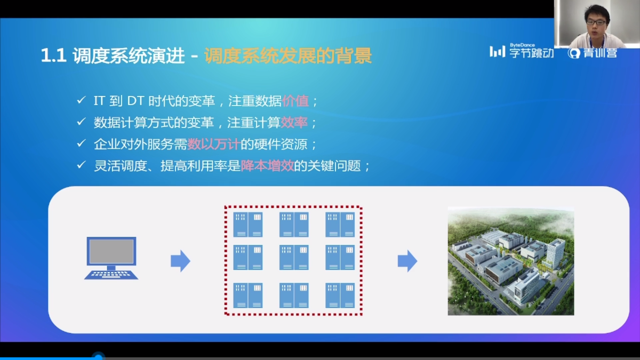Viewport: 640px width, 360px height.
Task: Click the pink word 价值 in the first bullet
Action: (x=295, y=101)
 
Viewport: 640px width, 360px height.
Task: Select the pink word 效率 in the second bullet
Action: (x=294, y=123)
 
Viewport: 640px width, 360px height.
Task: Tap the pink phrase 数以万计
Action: (x=214, y=145)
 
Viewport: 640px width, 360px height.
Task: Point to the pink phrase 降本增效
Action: (x=267, y=166)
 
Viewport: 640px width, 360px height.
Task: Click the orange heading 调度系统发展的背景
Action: (x=288, y=55)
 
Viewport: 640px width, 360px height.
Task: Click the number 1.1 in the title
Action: (x=54, y=55)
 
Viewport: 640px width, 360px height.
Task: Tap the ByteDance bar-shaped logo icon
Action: (x=498, y=52)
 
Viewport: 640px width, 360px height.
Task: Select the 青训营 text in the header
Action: (x=600, y=53)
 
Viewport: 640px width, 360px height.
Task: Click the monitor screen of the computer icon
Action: (x=111, y=251)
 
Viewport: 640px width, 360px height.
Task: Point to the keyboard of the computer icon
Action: (x=111, y=275)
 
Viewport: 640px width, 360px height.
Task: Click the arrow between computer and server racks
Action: (x=180, y=261)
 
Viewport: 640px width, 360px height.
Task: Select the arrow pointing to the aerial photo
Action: (x=407, y=261)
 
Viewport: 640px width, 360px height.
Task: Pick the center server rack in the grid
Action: (x=294, y=257)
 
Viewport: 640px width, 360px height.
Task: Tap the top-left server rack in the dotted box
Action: (x=247, y=225)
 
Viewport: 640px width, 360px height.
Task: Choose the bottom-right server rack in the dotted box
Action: (x=340, y=295)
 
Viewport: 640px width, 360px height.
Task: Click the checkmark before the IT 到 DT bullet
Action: (x=81, y=100)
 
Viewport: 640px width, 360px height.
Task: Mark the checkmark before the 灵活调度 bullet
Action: (x=81, y=165)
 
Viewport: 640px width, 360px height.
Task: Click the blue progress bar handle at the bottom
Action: (x=98, y=357)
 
